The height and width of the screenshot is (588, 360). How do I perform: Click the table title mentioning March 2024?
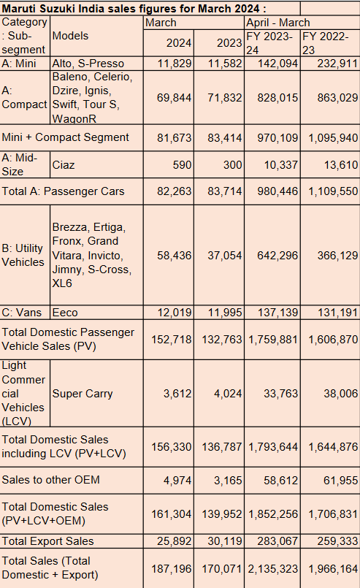pos(134,8)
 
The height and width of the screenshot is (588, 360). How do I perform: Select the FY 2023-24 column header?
pos(269,43)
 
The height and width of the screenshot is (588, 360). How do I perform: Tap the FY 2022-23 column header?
pos(326,43)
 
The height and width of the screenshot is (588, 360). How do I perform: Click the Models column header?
pos(70,36)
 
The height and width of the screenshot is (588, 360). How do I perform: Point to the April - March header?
pos(278,23)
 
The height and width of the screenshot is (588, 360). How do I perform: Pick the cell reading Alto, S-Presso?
pos(88,64)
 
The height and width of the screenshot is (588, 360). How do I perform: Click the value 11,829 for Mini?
pos(175,64)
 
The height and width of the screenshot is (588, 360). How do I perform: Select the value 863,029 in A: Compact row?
pos(337,97)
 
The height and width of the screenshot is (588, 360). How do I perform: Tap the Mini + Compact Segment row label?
pos(65,137)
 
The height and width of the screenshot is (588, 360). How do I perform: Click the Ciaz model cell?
pos(64,164)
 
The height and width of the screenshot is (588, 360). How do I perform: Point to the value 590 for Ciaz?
pos(182,164)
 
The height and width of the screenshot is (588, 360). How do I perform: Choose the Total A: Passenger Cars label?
pos(63,191)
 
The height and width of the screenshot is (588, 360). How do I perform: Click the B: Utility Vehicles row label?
pos(23,255)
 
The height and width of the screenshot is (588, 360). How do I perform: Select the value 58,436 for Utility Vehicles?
pos(175,256)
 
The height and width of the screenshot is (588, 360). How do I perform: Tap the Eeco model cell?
pos(65,313)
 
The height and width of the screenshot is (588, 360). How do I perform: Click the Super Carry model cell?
pos(83,394)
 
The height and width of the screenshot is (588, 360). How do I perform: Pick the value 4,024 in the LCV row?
pos(228,394)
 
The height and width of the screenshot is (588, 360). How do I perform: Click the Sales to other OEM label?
pos(50,480)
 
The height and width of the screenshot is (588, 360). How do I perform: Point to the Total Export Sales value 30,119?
pos(225,541)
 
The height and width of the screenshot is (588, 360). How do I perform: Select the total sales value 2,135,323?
pos(273,569)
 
